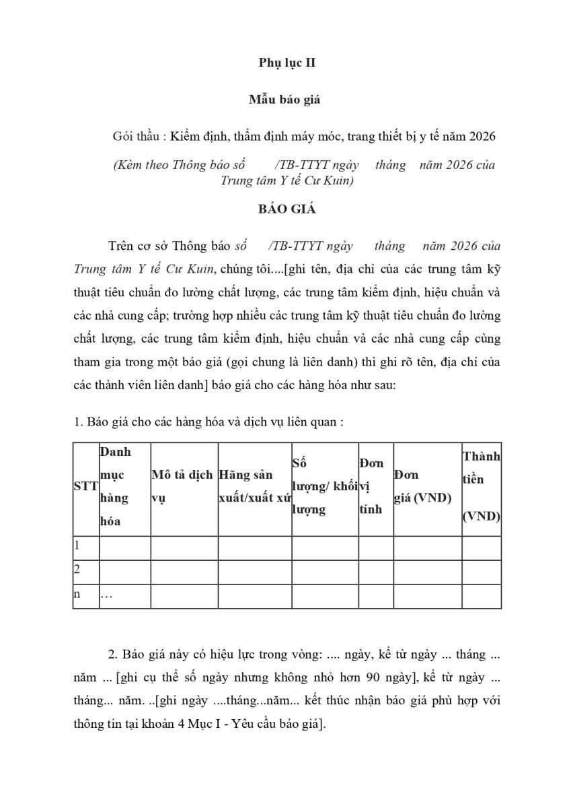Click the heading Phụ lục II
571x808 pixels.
pos(287,63)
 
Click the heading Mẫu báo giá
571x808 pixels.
pos(284,100)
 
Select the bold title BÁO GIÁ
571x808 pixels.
pos(287,209)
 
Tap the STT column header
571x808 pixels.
pos(85,487)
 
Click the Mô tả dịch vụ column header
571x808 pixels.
pos(182,487)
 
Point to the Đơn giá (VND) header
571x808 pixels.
pos(422,487)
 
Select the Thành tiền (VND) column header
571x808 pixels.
pos(481,485)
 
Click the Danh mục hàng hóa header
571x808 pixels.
pos(115,486)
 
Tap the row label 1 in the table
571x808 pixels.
pos(77,545)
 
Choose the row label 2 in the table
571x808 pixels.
pos(77,570)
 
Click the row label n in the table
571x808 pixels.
pos(77,595)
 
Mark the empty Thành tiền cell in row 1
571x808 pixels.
pos(481,547)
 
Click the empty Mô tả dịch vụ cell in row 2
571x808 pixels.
pos(184,571)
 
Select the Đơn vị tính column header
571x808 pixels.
pos(373,486)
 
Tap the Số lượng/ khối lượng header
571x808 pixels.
pos(323,486)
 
